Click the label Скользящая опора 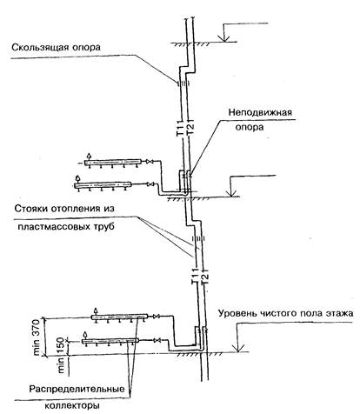pyautogui.click(x=56, y=48)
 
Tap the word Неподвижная pyautogui.click(x=260, y=112)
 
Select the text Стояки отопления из pyautogui.click(x=64, y=209)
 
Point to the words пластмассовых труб pyautogui.click(x=66, y=226)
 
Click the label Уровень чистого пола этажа pyautogui.click(x=286, y=313)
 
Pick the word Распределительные pyautogui.click(x=77, y=389)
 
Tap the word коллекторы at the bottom pyautogui.click(x=72, y=405)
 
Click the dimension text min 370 pyautogui.click(x=37, y=337)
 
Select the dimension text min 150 pyautogui.click(x=61, y=355)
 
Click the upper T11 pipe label pyautogui.click(x=180, y=129)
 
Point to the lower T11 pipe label pyautogui.click(x=194, y=277)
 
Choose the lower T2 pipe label pyautogui.click(x=204, y=279)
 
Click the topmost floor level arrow pyautogui.click(x=223, y=32)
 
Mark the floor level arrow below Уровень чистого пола pyautogui.click(x=240, y=337)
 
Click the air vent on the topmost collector pyautogui.click(x=90, y=157)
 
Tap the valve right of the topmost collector pyautogui.click(x=150, y=161)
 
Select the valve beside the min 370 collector pyautogui.click(x=157, y=316)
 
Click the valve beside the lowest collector pyautogui.click(x=157, y=340)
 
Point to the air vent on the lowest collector pyautogui.click(x=85, y=335)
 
